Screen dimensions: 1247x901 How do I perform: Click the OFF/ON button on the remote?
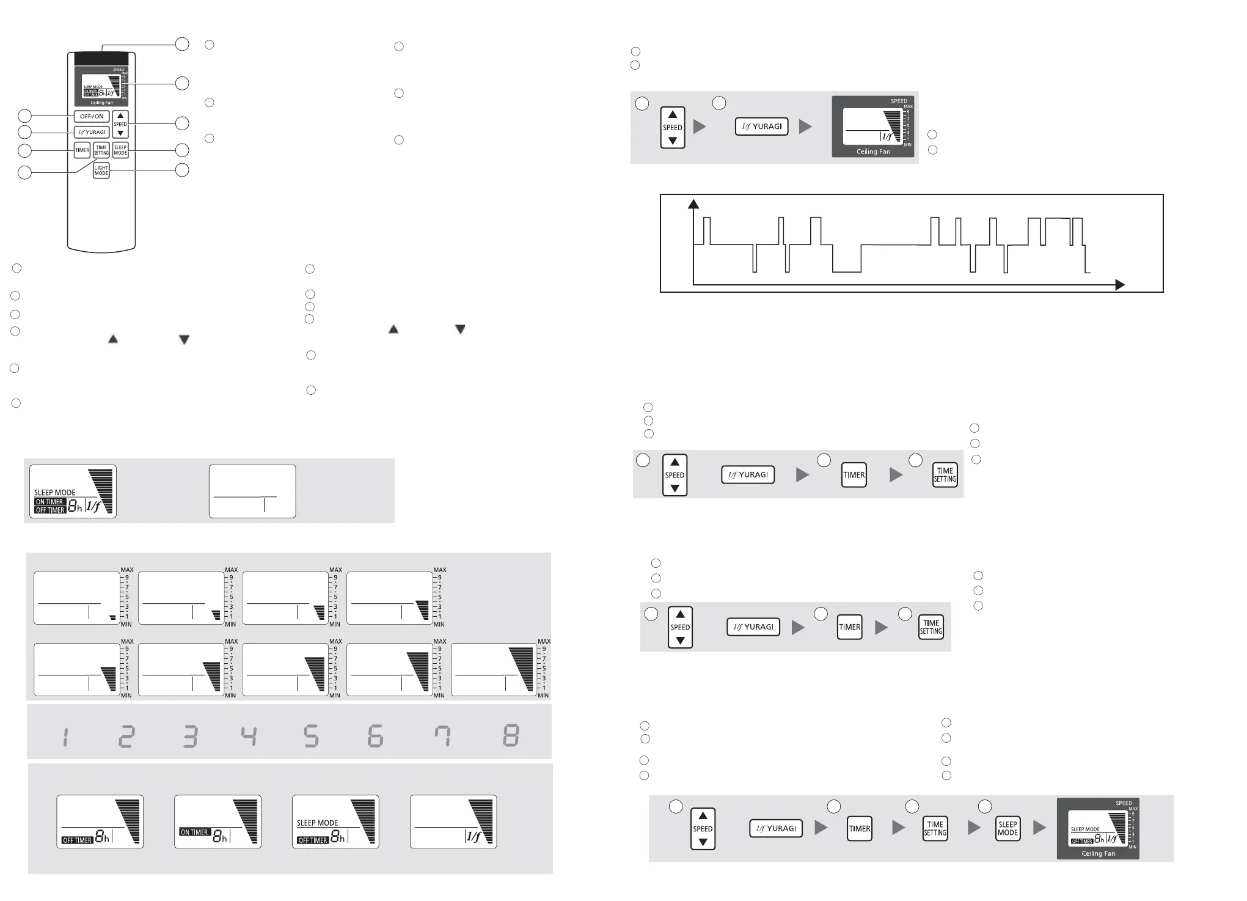pos(92,116)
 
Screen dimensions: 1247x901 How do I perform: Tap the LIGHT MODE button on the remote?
pos(101,171)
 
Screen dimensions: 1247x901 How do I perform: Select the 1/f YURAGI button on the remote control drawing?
pos(92,132)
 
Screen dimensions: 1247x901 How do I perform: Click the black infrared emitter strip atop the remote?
pos(101,58)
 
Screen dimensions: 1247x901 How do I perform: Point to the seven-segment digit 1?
pos(65,736)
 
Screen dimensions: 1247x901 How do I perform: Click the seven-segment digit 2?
pos(126,736)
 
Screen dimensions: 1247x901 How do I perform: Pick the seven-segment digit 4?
pos(249,736)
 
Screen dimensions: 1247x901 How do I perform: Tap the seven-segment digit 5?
pos(311,736)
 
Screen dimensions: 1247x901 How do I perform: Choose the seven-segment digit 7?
pos(442,736)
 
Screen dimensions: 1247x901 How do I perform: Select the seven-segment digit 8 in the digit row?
pos(511,736)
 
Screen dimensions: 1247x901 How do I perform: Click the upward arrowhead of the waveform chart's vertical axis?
pos(693,204)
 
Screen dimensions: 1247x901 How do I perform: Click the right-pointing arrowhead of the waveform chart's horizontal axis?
pos(1119,285)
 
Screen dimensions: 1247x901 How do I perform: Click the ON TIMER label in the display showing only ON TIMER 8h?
pos(194,832)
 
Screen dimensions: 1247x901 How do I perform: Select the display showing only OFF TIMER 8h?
pos(100,822)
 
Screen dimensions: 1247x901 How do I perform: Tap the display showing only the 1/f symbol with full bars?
pos(453,822)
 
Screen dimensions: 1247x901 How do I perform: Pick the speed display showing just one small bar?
pos(76,598)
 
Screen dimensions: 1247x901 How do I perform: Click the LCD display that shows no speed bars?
pos(252,491)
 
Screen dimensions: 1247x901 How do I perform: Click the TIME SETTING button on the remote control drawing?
pos(101,150)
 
